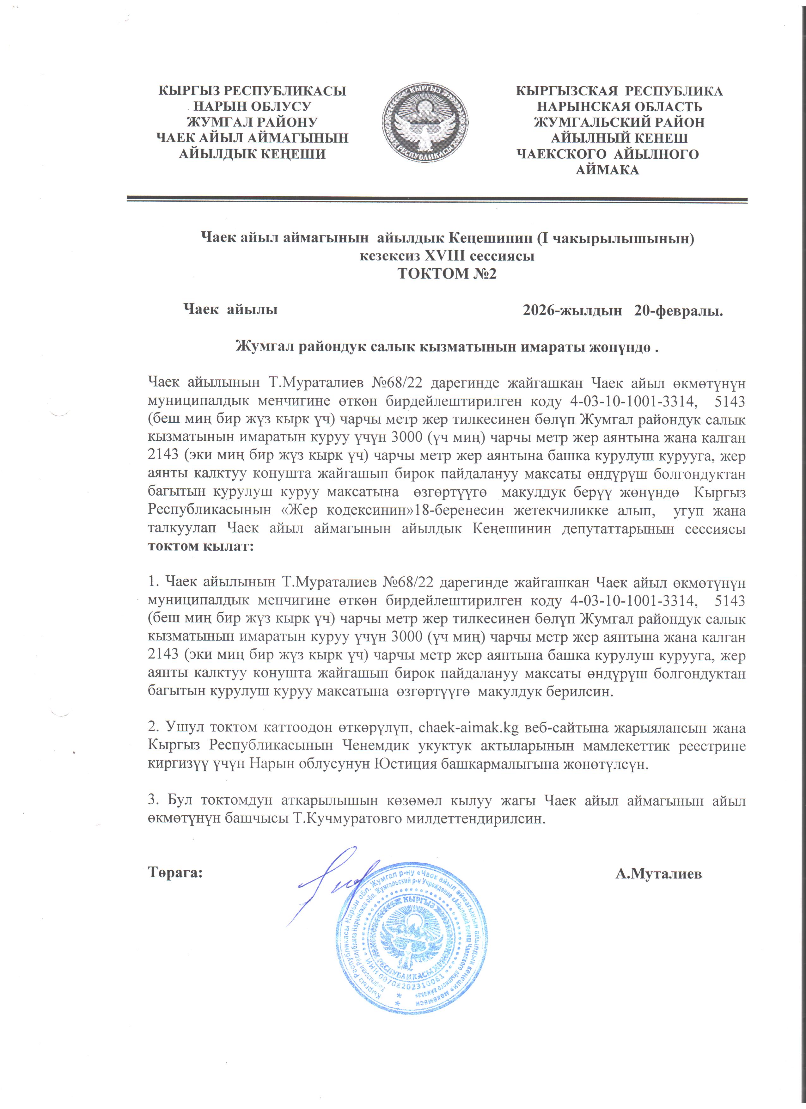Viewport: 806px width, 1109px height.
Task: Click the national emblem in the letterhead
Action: click(x=425, y=123)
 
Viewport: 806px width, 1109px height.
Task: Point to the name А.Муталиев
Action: click(x=658, y=873)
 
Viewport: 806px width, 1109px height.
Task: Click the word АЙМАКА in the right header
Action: click(x=607, y=170)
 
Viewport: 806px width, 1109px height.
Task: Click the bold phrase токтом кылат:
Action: click(x=201, y=546)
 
